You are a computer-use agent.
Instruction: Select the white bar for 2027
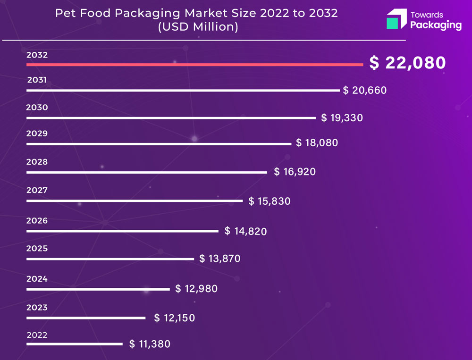tap(135, 201)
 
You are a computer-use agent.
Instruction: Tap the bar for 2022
tap(74, 344)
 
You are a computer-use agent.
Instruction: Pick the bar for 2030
tap(171, 118)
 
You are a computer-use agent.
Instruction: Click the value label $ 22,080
tap(407, 63)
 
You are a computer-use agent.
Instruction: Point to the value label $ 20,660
tap(365, 90)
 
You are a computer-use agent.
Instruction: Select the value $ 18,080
tap(317, 142)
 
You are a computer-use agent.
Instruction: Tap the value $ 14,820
tap(245, 231)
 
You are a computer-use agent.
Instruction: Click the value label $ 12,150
tap(175, 318)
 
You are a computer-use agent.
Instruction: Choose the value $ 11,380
tap(150, 344)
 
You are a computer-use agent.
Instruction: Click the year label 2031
tap(37, 80)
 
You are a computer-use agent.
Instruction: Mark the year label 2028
tap(37, 162)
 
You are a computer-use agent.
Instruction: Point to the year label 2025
tap(37, 248)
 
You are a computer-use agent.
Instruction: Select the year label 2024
tap(37, 279)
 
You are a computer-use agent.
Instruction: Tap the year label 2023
tap(37, 308)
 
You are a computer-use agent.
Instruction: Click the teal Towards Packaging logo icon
tap(396, 19)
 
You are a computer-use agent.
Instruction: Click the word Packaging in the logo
tap(436, 25)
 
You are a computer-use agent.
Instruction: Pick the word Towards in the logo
tap(427, 15)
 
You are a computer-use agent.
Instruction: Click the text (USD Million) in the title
tap(197, 27)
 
